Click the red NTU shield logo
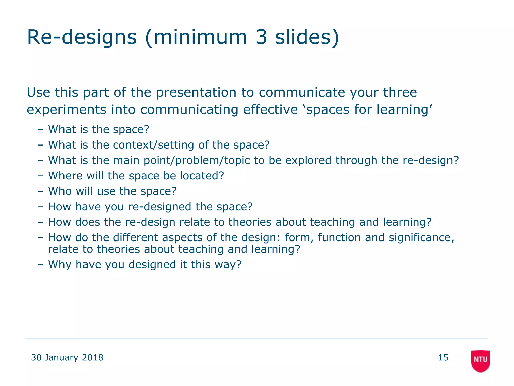480,360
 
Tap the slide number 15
443,357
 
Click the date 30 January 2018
67,357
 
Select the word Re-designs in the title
82,37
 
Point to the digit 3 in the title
261,37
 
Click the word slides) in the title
307,37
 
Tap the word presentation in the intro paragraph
196,92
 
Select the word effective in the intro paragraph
270,110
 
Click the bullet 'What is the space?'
99,129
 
